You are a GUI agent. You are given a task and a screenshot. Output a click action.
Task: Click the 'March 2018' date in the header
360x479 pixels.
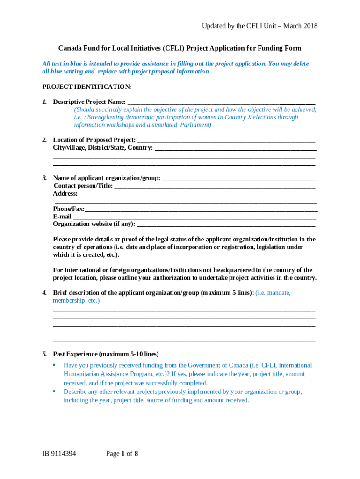(299, 26)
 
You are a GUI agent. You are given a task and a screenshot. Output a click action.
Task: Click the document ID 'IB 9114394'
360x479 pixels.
(58, 453)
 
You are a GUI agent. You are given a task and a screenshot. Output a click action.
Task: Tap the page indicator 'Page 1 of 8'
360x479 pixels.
(122, 453)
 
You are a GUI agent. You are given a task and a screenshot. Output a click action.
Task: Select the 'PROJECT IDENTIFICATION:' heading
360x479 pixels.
(86, 87)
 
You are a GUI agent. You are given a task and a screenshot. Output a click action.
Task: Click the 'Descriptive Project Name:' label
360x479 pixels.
(89, 102)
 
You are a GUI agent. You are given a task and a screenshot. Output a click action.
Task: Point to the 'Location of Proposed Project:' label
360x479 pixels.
(94, 140)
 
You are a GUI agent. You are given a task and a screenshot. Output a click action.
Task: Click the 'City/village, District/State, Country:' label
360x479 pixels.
(103, 148)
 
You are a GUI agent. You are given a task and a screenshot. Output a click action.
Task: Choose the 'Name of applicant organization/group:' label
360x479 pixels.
(107, 178)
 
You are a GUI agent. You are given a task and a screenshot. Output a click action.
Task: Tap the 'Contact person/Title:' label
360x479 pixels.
(83, 186)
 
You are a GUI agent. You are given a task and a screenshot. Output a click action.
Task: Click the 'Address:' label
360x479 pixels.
(65, 193)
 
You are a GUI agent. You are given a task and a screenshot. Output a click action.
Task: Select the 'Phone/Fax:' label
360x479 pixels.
(68, 209)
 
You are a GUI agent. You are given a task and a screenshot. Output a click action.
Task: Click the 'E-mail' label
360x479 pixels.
(62, 217)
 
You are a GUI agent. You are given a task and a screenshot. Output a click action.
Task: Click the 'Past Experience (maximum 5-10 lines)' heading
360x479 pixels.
(106, 354)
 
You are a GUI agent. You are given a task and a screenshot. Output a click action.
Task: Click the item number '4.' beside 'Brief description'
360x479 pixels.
(44, 293)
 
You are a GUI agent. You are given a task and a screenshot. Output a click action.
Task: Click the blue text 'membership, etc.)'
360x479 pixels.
(76, 301)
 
